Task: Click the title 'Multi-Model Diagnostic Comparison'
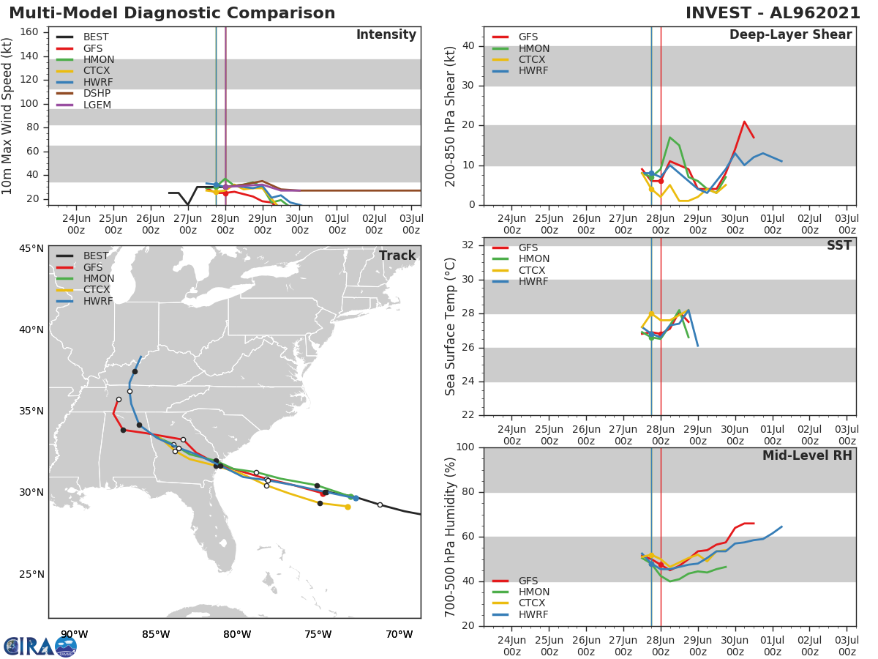pos(172,13)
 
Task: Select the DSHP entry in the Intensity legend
pos(97,94)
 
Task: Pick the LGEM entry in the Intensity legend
pos(97,105)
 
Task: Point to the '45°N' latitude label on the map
pos(31,248)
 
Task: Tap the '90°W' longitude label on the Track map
pos(74,635)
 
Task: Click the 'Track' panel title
pos(397,256)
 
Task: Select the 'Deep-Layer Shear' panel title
pos(790,35)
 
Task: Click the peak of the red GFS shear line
pos(744,122)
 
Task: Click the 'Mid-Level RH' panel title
pos(807,455)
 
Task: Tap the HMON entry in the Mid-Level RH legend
pos(533,592)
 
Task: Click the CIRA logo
pos(40,646)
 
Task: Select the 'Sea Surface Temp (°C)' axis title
pos(451,327)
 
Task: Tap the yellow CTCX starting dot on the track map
pos(348,507)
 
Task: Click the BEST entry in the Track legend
pos(95,256)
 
